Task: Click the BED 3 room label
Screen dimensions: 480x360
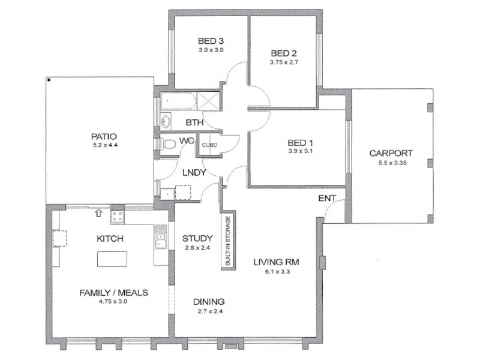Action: (211, 41)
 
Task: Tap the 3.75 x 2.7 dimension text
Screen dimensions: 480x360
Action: (284, 62)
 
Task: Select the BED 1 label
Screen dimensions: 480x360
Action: (301, 143)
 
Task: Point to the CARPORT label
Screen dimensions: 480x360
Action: (391, 153)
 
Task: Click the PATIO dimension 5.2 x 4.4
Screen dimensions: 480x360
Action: (105, 145)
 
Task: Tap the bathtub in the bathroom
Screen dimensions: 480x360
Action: (178, 101)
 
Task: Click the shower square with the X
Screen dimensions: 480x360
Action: (208, 100)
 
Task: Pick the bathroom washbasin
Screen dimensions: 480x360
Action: (166, 121)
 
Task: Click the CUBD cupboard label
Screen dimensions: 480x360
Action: (209, 145)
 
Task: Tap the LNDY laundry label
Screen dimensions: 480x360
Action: (194, 173)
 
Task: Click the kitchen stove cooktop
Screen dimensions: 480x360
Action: (118, 217)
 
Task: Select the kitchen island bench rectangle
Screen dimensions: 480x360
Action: (112, 259)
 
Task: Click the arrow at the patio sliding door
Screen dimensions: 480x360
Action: (98, 213)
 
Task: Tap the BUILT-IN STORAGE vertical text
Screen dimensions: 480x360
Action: (228, 241)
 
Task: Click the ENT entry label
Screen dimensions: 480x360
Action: (327, 199)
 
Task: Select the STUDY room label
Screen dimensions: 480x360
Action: (197, 238)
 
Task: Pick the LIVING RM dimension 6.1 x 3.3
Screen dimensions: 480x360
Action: (277, 271)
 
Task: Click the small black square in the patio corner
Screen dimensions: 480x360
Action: (49, 80)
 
